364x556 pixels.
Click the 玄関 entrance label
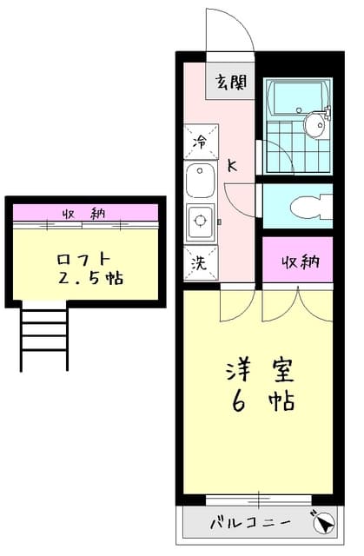click(x=231, y=83)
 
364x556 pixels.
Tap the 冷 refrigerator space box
click(x=201, y=140)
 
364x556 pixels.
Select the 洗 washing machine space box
click(x=201, y=262)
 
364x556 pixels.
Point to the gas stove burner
click(x=200, y=221)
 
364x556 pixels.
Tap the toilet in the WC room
click(x=305, y=207)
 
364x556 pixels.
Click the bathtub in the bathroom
click(x=295, y=96)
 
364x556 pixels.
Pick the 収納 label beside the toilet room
click(x=298, y=262)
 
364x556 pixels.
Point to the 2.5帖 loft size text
click(x=89, y=279)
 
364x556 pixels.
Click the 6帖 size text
click(x=259, y=402)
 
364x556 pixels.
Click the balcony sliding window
click(x=258, y=499)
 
